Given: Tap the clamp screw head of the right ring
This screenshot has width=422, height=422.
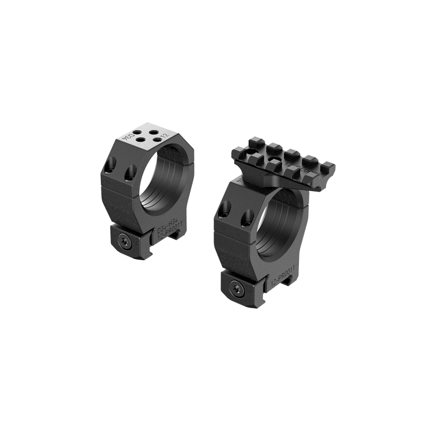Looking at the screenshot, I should (x=236, y=288).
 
